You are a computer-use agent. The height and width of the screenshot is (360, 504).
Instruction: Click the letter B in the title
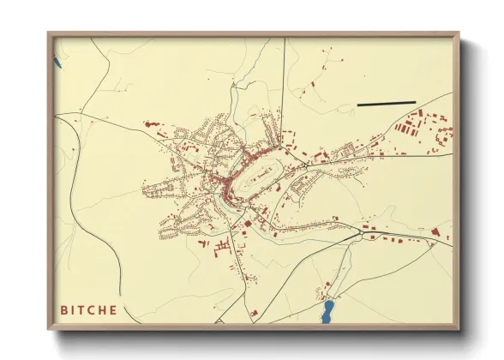coord(64,309)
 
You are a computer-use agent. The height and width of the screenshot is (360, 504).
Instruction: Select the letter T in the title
coord(84,309)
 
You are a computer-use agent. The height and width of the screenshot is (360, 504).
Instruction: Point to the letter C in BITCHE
coord(93,309)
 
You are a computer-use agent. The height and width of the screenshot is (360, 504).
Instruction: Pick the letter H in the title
coord(104,309)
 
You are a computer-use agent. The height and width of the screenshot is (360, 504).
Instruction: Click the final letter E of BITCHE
coord(114,309)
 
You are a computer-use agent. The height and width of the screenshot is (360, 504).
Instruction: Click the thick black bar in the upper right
coord(386,104)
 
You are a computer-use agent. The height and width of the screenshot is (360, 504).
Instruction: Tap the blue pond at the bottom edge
coord(327,311)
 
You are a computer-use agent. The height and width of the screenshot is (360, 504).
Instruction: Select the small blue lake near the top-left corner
coord(57,62)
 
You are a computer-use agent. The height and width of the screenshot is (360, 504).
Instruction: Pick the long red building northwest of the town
coord(154,125)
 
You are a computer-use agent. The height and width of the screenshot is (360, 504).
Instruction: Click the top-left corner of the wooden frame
coord(49,33)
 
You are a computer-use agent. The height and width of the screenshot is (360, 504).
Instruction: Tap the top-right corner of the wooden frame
coord(459,33)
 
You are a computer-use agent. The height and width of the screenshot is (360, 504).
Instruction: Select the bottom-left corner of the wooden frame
coord(49,329)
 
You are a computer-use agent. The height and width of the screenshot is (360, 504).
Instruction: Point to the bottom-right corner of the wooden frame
coord(459,329)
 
